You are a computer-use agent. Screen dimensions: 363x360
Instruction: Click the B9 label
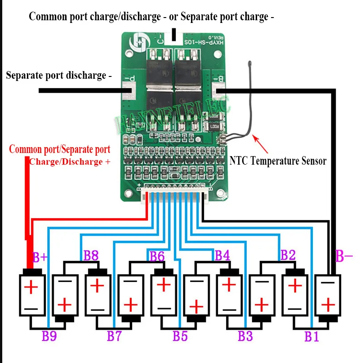pos(49,336)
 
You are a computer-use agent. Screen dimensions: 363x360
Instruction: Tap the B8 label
pos(91,256)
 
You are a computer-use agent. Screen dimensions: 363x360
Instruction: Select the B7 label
pos(115,336)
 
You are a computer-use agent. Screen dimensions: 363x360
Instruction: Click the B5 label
pos(180,336)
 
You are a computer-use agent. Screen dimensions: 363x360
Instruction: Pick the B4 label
pos(222,256)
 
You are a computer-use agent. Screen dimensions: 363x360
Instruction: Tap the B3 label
pos(245,336)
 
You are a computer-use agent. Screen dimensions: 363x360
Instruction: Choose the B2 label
pos(288,255)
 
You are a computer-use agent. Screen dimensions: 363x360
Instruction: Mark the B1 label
pos(311,336)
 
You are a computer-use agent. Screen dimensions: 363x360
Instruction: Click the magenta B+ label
pos(40,257)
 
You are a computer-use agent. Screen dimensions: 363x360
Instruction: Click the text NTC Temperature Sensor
pos(278,161)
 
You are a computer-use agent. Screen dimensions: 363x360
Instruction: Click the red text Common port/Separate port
pos(59,149)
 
